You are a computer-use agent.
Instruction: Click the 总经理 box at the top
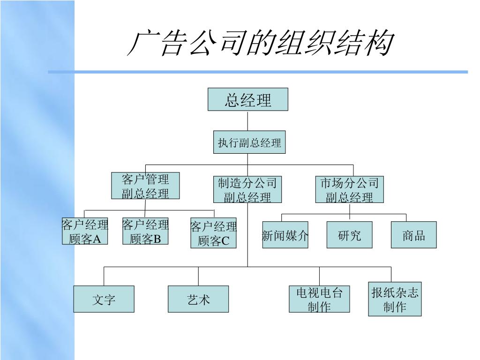248,99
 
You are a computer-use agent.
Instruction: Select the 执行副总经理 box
249,142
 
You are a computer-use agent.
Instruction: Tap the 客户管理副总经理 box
145,186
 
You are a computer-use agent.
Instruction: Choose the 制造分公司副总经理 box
247,189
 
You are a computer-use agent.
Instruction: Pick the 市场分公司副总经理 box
349,189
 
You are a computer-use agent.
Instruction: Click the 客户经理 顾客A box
85,231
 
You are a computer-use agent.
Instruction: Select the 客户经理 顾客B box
145,231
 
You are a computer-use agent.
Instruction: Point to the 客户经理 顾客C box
213,233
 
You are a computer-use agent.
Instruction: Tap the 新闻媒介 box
285,235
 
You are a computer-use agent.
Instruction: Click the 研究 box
349,235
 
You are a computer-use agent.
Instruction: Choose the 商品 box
413,235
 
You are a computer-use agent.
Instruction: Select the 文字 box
104,299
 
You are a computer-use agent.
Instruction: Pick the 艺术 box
198,299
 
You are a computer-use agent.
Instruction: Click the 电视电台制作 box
319,299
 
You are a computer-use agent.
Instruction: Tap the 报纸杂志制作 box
395,300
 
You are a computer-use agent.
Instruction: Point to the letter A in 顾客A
97,240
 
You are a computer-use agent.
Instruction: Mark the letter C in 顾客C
225,241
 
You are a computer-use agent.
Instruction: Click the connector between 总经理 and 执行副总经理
248,120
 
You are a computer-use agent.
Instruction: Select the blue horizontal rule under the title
258,72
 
